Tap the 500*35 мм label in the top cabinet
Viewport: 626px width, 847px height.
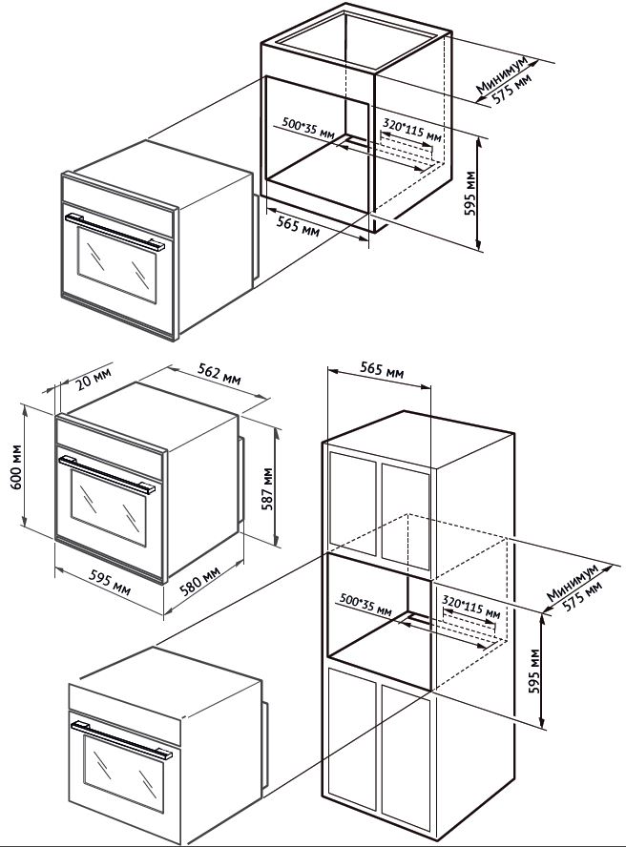pos(308,129)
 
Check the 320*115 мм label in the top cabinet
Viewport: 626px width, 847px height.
pos(412,129)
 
